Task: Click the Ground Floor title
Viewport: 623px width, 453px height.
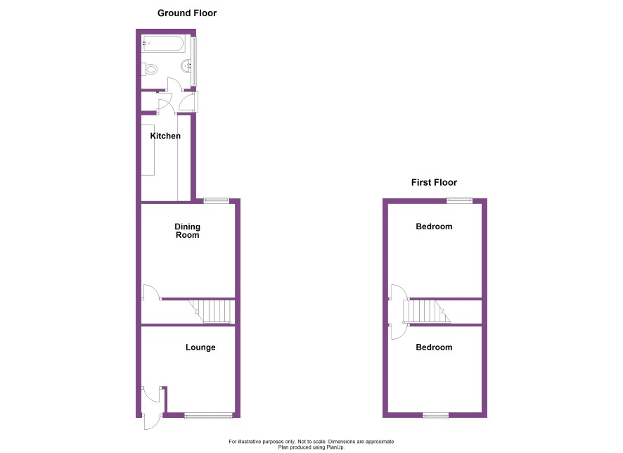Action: tap(187, 13)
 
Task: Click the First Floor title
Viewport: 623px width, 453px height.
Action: tap(434, 182)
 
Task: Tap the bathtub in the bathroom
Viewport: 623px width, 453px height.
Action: tap(163, 44)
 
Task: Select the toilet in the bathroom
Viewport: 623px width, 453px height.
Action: tap(150, 69)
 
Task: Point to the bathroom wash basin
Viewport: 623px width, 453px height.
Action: tap(187, 66)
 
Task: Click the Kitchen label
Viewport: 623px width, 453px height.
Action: tap(165, 136)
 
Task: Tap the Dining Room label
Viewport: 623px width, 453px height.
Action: tap(188, 231)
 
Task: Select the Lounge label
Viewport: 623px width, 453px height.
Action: tap(200, 347)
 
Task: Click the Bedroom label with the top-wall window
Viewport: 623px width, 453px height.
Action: tap(434, 226)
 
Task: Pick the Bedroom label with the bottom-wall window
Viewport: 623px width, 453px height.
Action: tap(434, 347)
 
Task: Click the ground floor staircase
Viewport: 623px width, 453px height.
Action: tap(212, 312)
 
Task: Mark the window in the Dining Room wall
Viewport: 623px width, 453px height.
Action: tap(217, 200)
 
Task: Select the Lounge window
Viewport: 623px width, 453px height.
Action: tap(209, 416)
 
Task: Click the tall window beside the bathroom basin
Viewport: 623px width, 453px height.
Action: tap(194, 61)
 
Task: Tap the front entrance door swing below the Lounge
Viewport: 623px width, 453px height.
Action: tap(153, 423)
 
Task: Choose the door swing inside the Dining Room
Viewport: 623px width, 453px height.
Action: tap(151, 292)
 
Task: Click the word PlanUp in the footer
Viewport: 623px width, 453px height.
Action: tap(335, 447)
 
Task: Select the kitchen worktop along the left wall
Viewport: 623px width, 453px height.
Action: tap(148, 150)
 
